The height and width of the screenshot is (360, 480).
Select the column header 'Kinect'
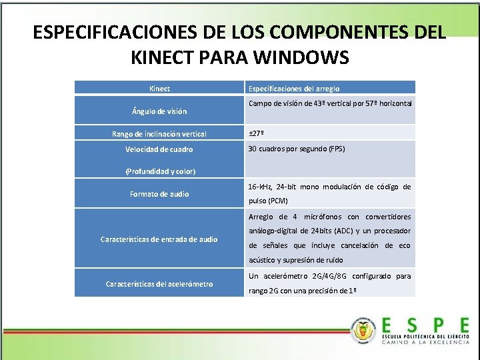tap(159, 88)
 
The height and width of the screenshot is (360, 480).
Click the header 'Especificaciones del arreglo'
tap(293, 88)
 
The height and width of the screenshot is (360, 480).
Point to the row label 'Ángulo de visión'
tap(159, 111)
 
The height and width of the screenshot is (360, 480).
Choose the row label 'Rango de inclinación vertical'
tap(159, 134)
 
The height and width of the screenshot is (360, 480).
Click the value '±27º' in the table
tap(256, 134)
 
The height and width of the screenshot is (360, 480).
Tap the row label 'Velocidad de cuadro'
tap(159, 149)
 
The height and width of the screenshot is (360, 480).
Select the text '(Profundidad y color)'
tap(160, 171)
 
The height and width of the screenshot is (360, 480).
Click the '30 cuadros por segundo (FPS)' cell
tap(296, 149)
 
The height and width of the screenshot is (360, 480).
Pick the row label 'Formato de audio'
tap(159, 194)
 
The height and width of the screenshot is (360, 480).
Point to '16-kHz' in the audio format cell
tap(260, 187)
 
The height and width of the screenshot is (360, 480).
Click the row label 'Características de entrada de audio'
tap(159, 239)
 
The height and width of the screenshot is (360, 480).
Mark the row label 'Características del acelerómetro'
tap(159, 284)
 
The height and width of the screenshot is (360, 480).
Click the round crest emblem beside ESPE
tap(365, 329)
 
